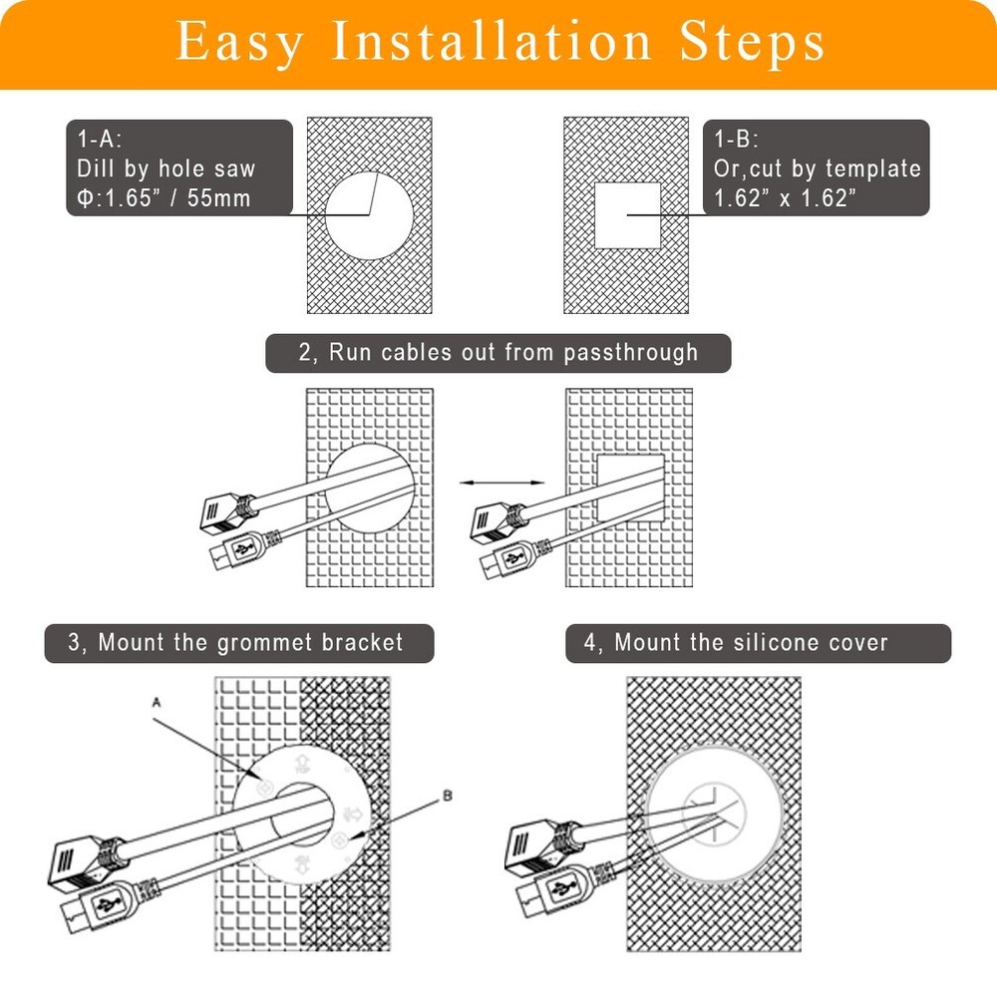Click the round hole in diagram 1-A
pyautogui.click(x=369, y=214)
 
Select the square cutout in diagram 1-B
pyautogui.click(x=627, y=215)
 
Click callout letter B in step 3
pyautogui.click(x=448, y=796)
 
